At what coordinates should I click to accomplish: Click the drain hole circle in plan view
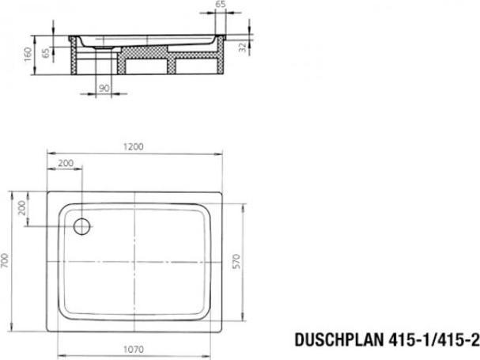pos(81,227)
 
